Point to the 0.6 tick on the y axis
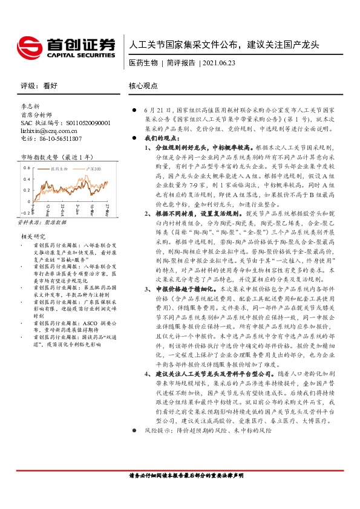coord(26,167)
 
